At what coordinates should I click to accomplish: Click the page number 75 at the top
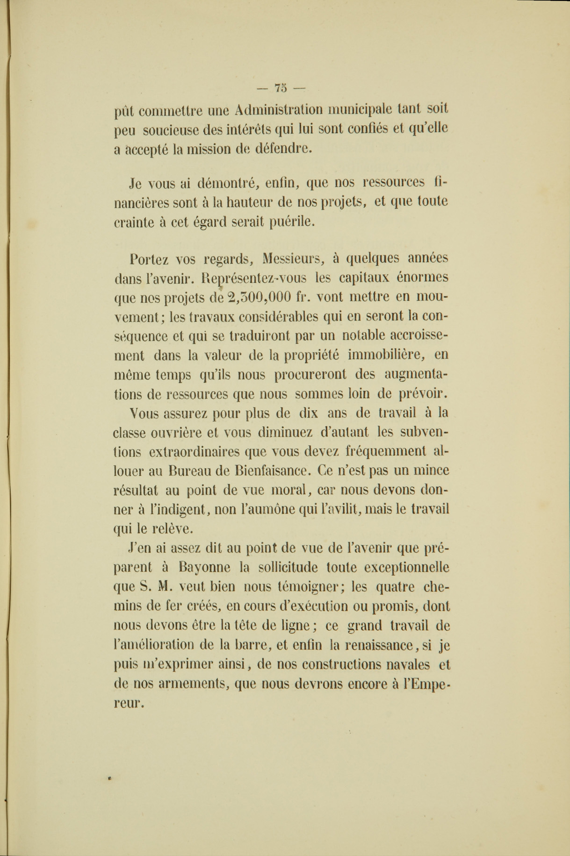point(281,87)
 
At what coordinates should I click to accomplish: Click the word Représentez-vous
point(253,278)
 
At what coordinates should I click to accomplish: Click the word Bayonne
point(204,568)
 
